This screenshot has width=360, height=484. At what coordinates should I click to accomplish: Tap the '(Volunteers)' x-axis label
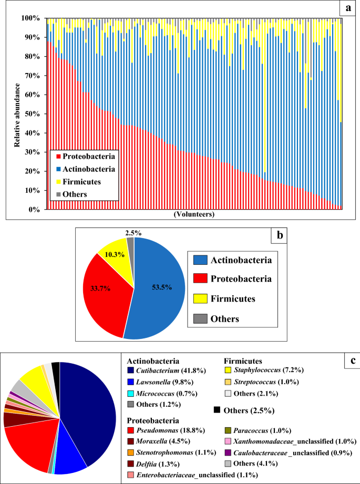[192, 215]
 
